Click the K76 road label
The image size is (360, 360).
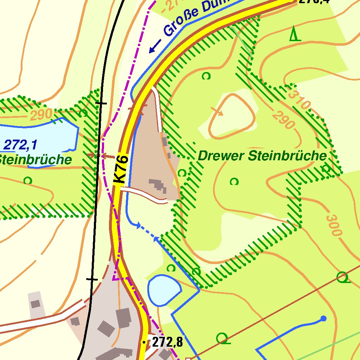pyautogui.click(x=120, y=169)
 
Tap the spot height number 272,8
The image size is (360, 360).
pyautogui.click(x=168, y=342)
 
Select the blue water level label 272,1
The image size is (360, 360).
pyautogui.click(x=20, y=144)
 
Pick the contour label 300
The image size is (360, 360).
pyautogui.click(x=333, y=225)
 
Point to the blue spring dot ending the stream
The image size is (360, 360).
pyautogui.click(x=323, y=319)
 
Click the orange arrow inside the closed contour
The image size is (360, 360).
pyautogui.click(x=217, y=111)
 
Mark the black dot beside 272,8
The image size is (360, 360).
pyautogui.click(x=143, y=342)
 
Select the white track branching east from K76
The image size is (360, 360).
pyautogui.click(x=144, y=194)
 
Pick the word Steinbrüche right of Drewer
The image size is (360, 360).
pyautogui.click(x=287, y=156)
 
